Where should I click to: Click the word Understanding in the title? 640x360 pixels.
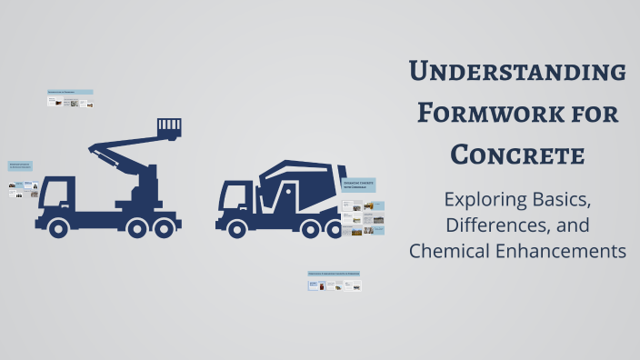tap(516, 71)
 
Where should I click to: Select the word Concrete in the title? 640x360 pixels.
tap(516, 155)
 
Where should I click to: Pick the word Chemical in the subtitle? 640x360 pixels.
tap(452, 251)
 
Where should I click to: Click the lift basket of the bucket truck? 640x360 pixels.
tap(169, 127)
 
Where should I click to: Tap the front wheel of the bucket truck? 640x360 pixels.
tap(58, 227)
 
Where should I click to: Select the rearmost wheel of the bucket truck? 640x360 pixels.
tap(165, 227)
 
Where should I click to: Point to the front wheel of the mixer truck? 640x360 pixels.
tap(237, 227)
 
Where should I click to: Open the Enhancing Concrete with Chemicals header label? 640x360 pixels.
tap(359, 185)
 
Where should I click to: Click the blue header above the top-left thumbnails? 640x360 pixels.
tap(70, 92)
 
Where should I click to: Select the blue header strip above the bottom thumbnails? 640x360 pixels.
tap(334, 273)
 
